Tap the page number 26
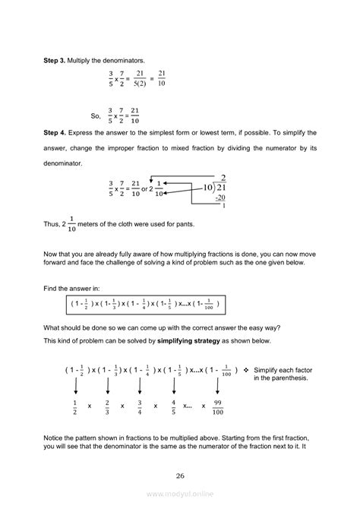tap(180, 476)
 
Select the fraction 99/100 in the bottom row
tap(217, 406)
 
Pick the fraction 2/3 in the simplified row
tap(108, 406)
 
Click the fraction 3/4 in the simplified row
tap(140, 406)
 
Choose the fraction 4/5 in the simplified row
tap(174, 406)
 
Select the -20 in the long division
tap(220, 197)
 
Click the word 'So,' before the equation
tap(96, 116)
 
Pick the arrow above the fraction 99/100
tap(217, 385)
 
